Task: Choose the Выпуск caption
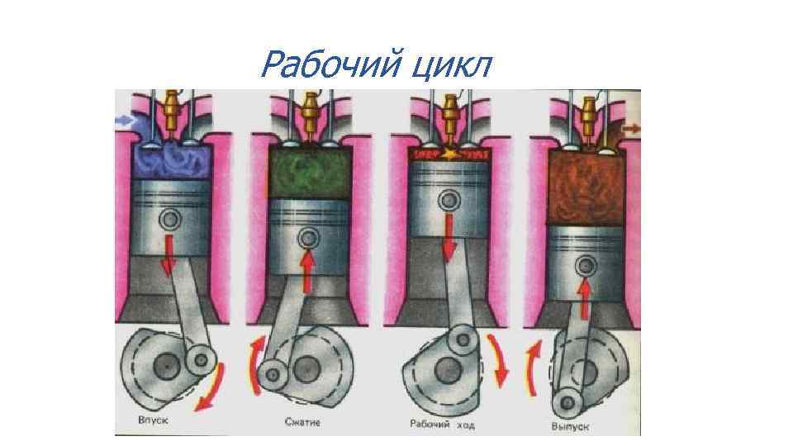tap(572, 426)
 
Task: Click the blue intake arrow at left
tap(125, 121)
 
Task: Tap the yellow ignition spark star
tap(450, 153)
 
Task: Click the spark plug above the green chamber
tap(310, 111)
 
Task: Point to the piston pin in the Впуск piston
tap(171, 220)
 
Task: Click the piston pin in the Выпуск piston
tap(586, 265)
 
